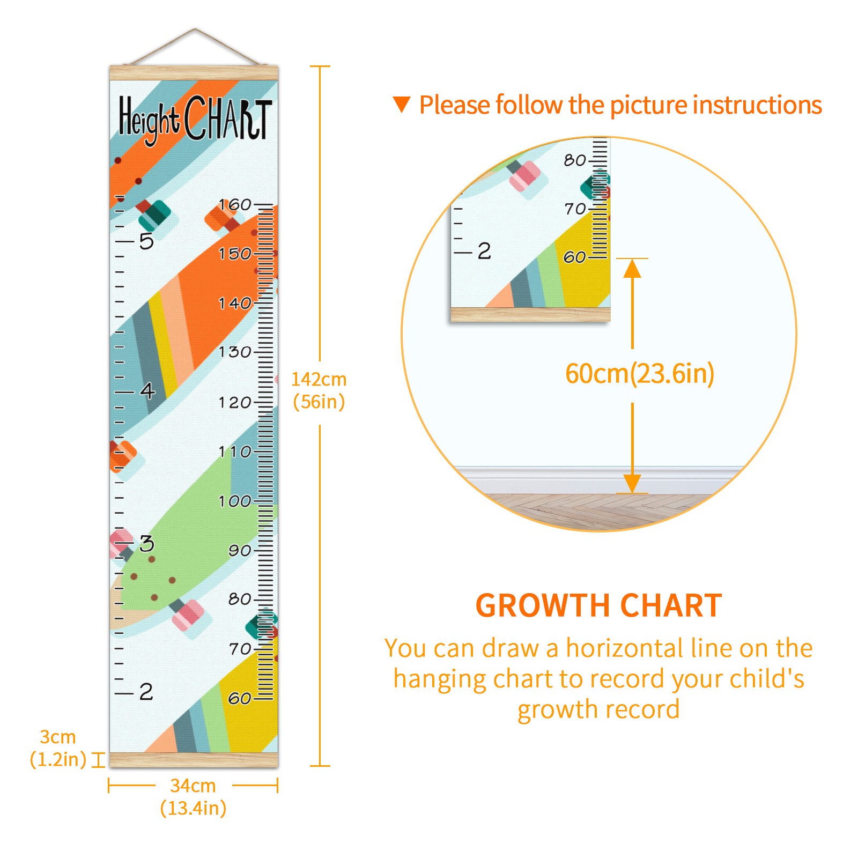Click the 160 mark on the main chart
click(235, 204)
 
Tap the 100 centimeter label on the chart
click(235, 501)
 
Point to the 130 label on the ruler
click(235, 352)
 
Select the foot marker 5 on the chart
click(146, 241)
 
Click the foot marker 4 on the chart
click(147, 390)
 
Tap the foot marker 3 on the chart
click(146, 544)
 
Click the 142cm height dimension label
click(319, 390)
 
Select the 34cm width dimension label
click(193, 797)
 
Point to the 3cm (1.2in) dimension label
click(58, 748)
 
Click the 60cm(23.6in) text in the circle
click(640, 373)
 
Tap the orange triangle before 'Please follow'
click(402, 105)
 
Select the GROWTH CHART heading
click(599, 605)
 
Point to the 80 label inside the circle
click(574, 160)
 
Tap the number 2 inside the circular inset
click(484, 251)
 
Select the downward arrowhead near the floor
click(632, 483)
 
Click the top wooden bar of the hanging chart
click(194, 73)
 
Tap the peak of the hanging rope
click(195, 29)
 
